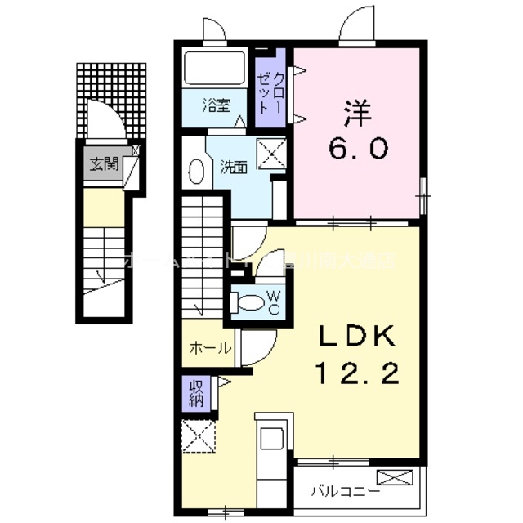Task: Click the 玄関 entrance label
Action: [x=104, y=164]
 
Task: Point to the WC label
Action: [x=274, y=302]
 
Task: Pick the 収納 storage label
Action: [x=196, y=392]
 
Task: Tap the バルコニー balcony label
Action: [x=345, y=492]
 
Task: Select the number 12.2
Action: [x=358, y=374]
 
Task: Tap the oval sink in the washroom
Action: [x=196, y=172]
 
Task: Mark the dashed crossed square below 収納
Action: [x=196, y=435]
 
